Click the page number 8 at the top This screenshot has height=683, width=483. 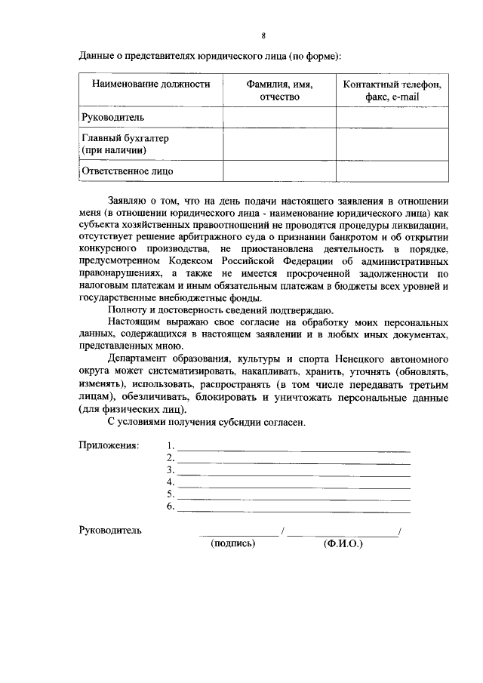click(263, 36)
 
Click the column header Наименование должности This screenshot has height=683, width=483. click(151, 84)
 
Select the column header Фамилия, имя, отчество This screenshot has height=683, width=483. click(279, 91)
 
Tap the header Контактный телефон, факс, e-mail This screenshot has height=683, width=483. click(392, 91)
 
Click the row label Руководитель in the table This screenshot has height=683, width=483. click(112, 118)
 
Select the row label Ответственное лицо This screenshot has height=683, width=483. click(127, 171)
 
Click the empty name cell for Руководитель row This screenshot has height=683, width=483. click(279, 118)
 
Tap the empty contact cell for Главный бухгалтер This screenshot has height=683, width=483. click(392, 145)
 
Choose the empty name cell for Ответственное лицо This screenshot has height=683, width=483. click(279, 171)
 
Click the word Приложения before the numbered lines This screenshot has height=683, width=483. click(109, 445)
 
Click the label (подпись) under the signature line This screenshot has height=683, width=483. click(234, 543)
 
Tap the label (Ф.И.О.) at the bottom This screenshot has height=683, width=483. click(343, 543)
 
